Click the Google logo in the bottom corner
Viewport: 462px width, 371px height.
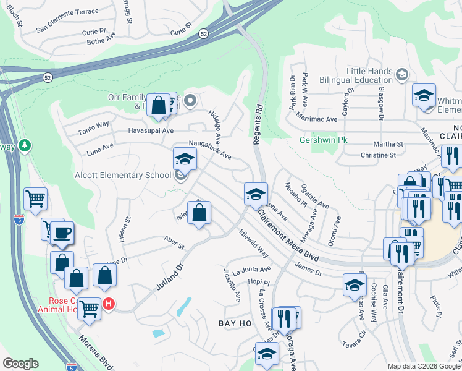pos(20,364)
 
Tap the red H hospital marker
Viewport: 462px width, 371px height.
pos(109,304)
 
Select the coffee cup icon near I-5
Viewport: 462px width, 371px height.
pos(62,234)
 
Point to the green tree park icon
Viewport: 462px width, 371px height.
pos(25,145)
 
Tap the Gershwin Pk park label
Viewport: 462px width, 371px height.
pos(324,140)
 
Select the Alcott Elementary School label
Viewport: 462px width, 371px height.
pos(122,175)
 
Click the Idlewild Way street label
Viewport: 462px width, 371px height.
pos(253,242)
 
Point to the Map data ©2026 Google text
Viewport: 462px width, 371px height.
pos(423,366)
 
